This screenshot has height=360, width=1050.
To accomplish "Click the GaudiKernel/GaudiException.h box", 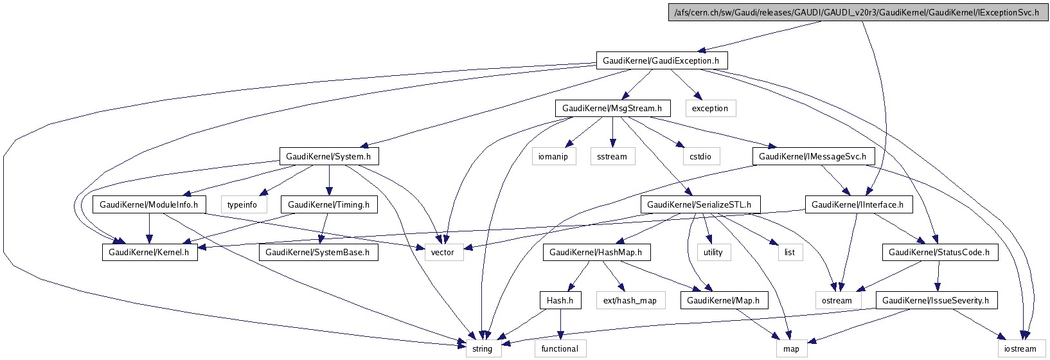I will coord(661,61).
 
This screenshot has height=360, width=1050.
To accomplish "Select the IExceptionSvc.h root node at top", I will coord(857,13).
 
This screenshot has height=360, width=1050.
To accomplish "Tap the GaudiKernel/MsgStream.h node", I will coord(612,108).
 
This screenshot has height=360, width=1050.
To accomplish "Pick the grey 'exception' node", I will coord(709,108).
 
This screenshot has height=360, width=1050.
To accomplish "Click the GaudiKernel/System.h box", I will coord(328,156).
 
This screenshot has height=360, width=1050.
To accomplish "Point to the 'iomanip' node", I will coord(553,156).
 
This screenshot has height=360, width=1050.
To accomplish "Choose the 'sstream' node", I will coord(612,156).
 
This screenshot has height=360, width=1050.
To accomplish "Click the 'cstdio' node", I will coord(700,156).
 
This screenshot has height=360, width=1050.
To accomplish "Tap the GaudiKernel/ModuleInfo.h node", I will coord(149,204).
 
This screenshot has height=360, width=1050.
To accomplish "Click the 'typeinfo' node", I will coord(242,204).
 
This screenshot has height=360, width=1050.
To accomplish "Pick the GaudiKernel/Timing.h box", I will coord(328,204).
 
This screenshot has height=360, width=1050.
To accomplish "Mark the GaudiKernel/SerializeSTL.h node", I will coord(700,204).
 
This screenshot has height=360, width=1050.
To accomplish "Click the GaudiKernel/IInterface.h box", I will coord(857,204).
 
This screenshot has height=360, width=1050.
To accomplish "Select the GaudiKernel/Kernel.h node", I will coord(149,252).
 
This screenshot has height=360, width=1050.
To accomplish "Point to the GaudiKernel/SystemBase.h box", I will coord(317,252).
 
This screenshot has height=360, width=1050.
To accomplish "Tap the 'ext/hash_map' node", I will coord(630,300).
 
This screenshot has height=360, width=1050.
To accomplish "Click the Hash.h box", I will coord(560,300).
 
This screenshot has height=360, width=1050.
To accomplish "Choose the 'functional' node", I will coord(560,348).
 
